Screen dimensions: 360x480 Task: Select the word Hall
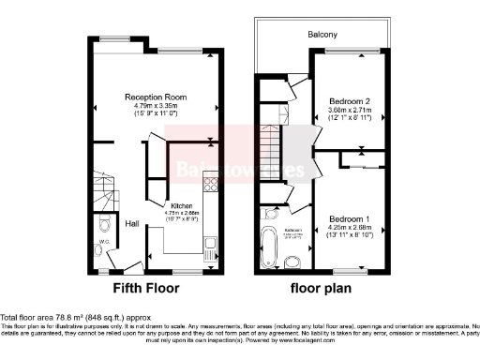pos(133,224)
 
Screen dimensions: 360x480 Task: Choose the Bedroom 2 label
pos(349,100)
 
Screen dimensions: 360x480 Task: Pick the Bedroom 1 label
pos(348,219)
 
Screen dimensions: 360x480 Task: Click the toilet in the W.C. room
pos(103,225)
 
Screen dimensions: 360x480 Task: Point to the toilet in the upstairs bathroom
pos(293,261)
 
